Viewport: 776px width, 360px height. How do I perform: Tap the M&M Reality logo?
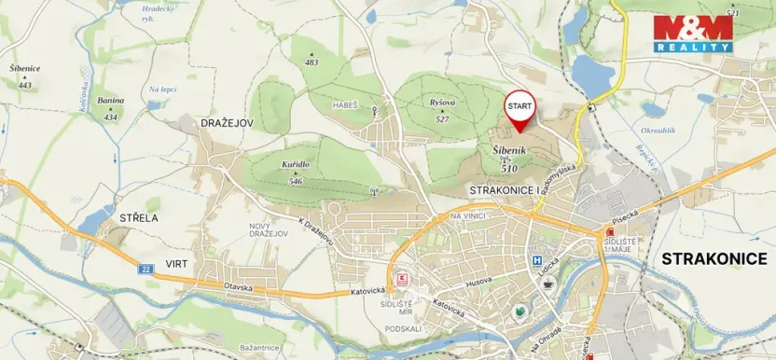point(692,34)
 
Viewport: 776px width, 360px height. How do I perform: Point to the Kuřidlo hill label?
point(296,164)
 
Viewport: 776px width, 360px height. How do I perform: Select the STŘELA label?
point(139,217)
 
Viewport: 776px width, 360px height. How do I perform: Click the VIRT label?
point(176,264)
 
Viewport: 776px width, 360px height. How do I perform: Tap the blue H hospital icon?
point(537,261)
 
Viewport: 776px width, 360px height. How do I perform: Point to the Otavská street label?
point(238,287)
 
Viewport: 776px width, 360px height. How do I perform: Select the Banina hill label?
point(111,101)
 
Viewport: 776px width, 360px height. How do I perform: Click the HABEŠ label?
point(345,105)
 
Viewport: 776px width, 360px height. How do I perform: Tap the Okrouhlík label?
point(658,132)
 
